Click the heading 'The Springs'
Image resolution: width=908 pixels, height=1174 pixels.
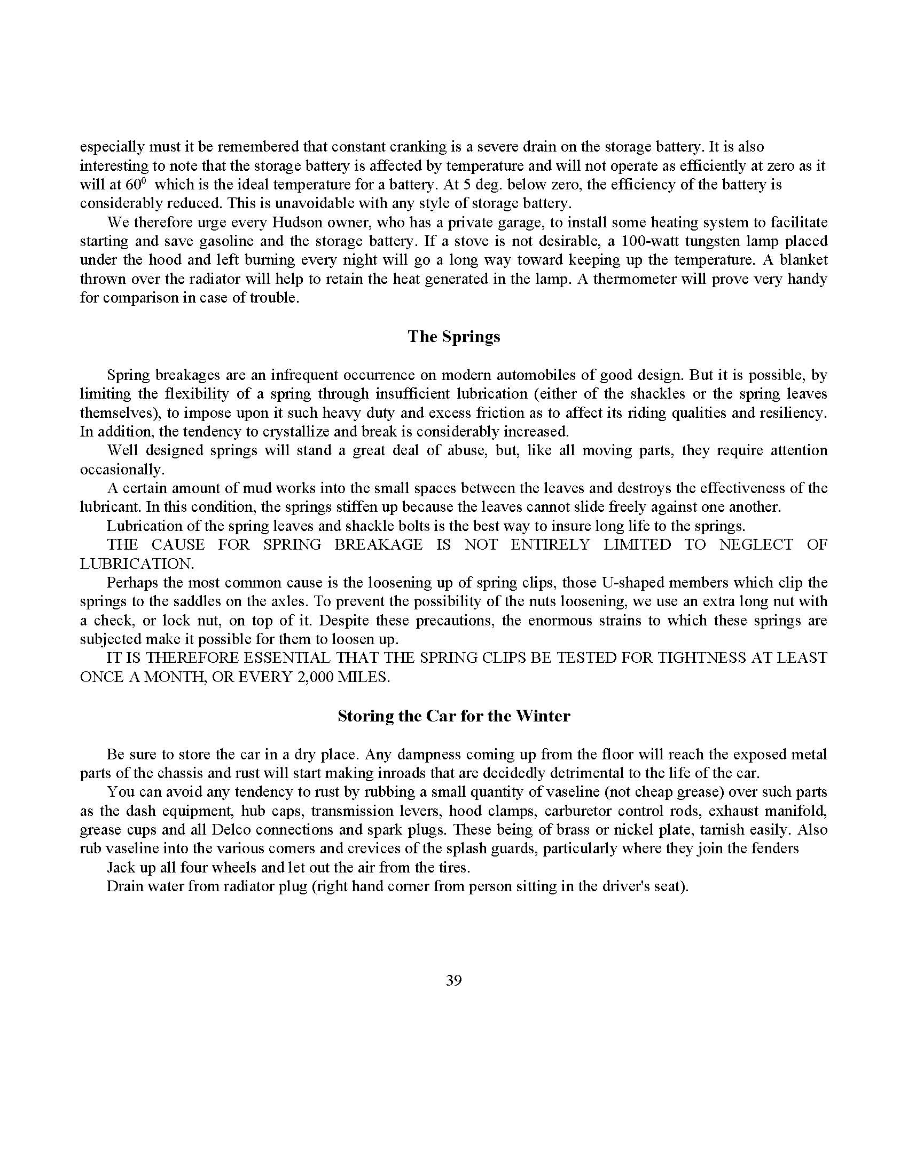tap(453, 337)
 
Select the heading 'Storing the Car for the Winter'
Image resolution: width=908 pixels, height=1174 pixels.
tap(453, 716)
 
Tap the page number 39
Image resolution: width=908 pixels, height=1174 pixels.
tap(453, 980)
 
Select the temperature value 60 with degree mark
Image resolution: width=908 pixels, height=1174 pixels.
tap(136, 185)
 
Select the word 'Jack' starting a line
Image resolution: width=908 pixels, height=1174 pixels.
tap(122, 867)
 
